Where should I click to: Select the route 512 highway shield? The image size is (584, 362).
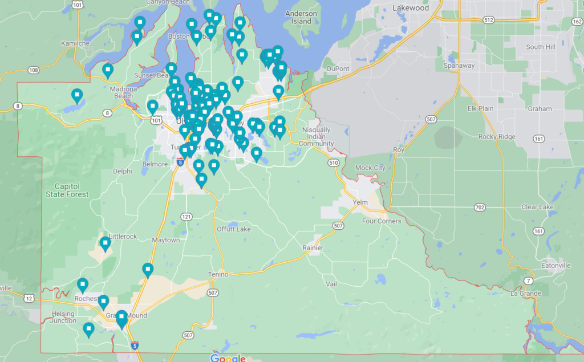pyautogui.click(x=488, y=20)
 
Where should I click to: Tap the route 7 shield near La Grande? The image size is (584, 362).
pyautogui.click(x=529, y=281)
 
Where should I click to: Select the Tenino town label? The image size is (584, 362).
pyautogui.click(x=218, y=275)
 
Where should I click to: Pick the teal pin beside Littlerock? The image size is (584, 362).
pyautogui.click(x=105, y=243)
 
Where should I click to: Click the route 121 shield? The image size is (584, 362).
pyautogui.click(x=186, y=217)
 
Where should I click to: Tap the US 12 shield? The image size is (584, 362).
pyautogui.click(x=30, y=298)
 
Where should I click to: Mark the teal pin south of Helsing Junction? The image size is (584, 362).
pyautogui.click(x=88, y=328)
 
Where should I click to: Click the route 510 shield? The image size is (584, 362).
pyautogui.click(x=334, y=163)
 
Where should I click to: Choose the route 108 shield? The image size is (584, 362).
pyautogui.click(x=33, y=70)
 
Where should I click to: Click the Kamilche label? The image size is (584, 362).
pyautogui.click(x=76, y=43)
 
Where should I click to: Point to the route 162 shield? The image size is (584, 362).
pyautogui.click(x=576, y=21)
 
